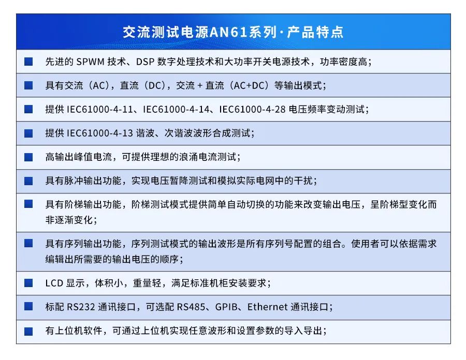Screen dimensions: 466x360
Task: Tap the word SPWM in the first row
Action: pyautogui.click(x=90, y=62)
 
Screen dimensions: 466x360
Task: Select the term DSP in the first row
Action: pyautogui.click(x=145, y=62)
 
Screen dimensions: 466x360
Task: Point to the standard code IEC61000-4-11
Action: pyautogui.click(x=100, y=109)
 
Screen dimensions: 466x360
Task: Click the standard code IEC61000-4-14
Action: pyautogui.click(x=176, y=109)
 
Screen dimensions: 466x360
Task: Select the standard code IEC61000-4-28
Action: pyautogui.click(x=252, y=109)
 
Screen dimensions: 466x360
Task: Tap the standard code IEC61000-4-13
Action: pyautogui.click(x=100, y=133)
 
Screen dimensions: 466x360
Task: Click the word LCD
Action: pyautogui.click(x=54, y=283)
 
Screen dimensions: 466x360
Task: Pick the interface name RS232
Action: pyautogui.click(x=81, y=307)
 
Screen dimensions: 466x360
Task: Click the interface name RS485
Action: pyautogui.click(x=191, y=307)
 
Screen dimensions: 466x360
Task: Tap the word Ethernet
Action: pyautogui.click(x=268, y=307)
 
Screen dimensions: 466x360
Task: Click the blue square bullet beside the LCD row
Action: pyautogui.click(x=28, y=283)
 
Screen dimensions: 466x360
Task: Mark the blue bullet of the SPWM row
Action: pyautogui.click(x=28, y=62)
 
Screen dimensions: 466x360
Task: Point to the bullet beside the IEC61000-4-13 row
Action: pyautogui.click(x=28, y=133)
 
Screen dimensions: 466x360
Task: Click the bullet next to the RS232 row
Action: pyautogui.click(x=28, y=306)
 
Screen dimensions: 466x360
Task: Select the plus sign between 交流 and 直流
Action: pyautogui.click(x=200, y=86)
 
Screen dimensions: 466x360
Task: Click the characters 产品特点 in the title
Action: pyautogui.click(x=315, y=32)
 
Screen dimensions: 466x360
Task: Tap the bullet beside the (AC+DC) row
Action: pyautogui.click(x=28, y=85)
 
